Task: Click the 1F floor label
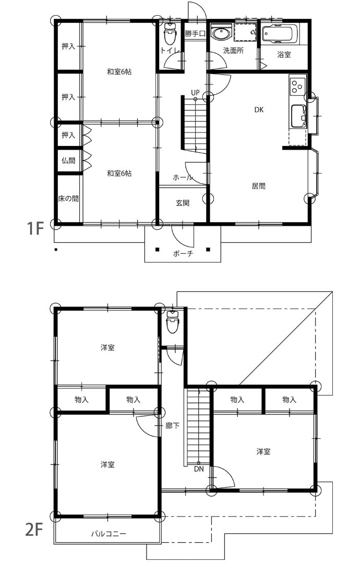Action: (35, 228)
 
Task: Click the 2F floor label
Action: (34, 529)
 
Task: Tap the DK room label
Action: (259, 109)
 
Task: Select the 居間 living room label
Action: (258, 186)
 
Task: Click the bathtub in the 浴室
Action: (280, 34)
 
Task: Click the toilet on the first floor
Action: (170, 34)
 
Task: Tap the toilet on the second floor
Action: (173, 321)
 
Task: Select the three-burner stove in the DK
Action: (297, 86)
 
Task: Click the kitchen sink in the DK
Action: (298, 116)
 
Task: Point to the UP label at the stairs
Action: (195, 93)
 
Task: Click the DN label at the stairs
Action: (199, 469)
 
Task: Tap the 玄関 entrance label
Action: (183, 203)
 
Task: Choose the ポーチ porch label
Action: (183, 253)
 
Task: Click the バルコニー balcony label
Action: (108, 534)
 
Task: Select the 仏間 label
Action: (68, 160)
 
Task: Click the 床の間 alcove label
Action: (68, 198)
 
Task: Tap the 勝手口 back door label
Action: (195, 34)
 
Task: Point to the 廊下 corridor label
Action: (172, 426)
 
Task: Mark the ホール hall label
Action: (183, 177)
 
